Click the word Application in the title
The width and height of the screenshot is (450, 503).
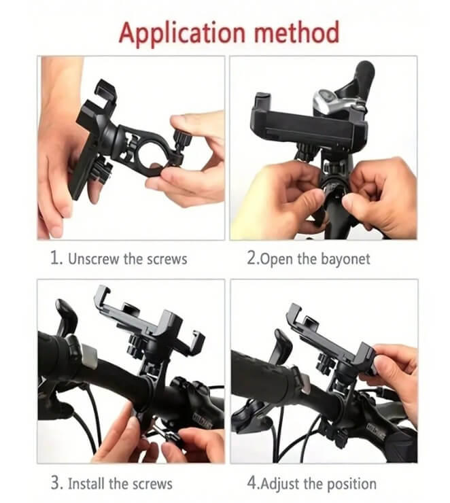tap(182, 34)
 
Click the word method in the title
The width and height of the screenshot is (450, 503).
tap(296, 33)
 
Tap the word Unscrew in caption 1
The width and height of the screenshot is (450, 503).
tap(93, 259)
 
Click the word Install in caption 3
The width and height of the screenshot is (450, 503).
tap(86, 483)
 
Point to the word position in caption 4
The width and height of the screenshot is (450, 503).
tap(351, 484)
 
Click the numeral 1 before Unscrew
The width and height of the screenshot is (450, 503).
tap(55, 258)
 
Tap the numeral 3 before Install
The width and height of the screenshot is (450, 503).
tap(56, 483)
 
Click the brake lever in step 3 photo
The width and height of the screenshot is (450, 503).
tap(67, 316)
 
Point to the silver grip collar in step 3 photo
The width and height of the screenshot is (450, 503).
tap(89, 355)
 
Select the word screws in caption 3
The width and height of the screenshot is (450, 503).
tap(152, 484)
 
